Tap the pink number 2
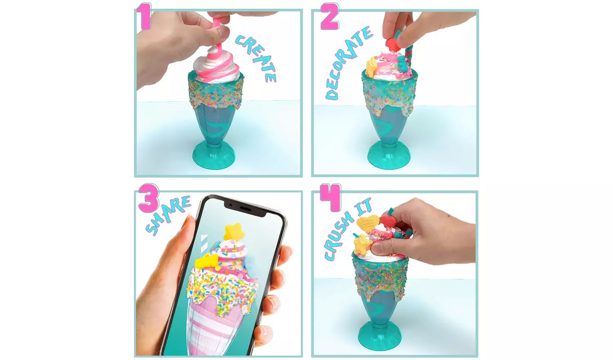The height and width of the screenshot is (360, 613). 330,16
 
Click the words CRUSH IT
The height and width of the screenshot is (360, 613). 347,228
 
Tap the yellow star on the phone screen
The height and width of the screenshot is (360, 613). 234,232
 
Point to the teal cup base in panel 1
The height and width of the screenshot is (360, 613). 214,155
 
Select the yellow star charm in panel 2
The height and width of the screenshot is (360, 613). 372,67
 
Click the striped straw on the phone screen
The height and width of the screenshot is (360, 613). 204,244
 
